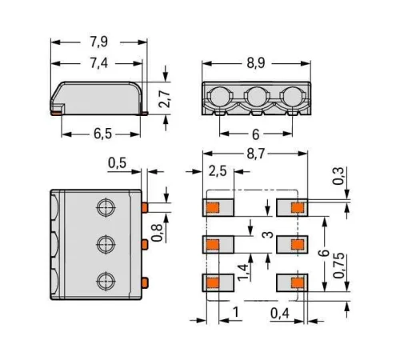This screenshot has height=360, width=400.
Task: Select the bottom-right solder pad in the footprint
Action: tap(291, 282)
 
